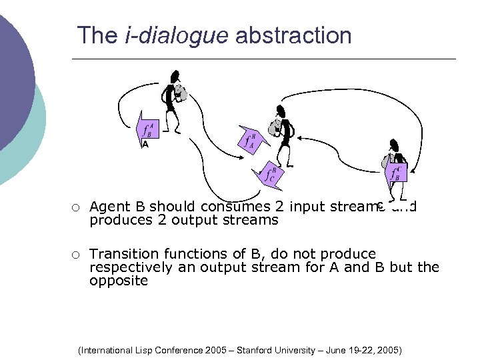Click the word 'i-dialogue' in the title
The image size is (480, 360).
pyautogui.click(x=177, y=35)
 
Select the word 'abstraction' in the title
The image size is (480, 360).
pyautogui.click(x=293, y=35)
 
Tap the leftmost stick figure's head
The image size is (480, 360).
pyautogui.click(x=175, y=76)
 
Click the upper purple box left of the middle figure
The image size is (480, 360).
pyautogui.click(x=250, y=139)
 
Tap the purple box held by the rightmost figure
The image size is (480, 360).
pyautogui.click(x=397, y=173)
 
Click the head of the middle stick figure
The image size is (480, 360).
pyautogui.click(x=281, y=110)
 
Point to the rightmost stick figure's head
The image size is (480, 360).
pyautogui.click(x=394, y=145)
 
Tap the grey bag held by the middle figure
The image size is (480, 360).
pyautogui.click(x=274, y=125)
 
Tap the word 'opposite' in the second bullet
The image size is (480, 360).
pyautogui.click(x=119, y=281)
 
